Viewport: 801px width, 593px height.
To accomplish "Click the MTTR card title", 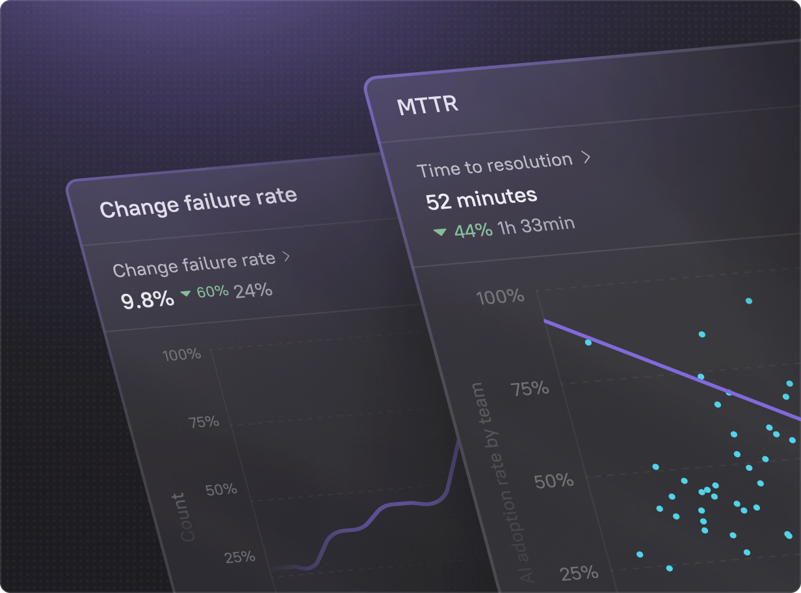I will [427, 105].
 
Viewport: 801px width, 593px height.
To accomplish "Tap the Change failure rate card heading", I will [198, 202].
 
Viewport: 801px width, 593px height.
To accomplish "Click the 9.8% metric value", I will [148, 299].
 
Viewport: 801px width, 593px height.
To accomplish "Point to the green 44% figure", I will [473, 230].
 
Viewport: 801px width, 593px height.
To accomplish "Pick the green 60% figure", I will [213, 292].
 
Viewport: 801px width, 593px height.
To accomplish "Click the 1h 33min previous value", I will [536, 225].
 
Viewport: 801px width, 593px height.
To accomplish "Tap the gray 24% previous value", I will [254, 290].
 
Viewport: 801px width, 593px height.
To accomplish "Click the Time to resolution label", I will [495, 165].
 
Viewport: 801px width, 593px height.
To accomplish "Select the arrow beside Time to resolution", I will [586, 157].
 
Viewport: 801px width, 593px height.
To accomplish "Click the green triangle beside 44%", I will [440, 231].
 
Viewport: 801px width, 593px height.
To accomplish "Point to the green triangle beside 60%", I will [186, 294].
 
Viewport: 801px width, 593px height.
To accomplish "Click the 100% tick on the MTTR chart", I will [500, 298].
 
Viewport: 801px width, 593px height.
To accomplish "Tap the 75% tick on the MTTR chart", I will [530, 389].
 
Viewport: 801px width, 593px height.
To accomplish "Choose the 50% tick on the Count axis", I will [221, 489].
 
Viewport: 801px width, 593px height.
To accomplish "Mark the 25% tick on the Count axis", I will [240, 557].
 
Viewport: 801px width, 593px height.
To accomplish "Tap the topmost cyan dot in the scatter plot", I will [749, 301].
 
